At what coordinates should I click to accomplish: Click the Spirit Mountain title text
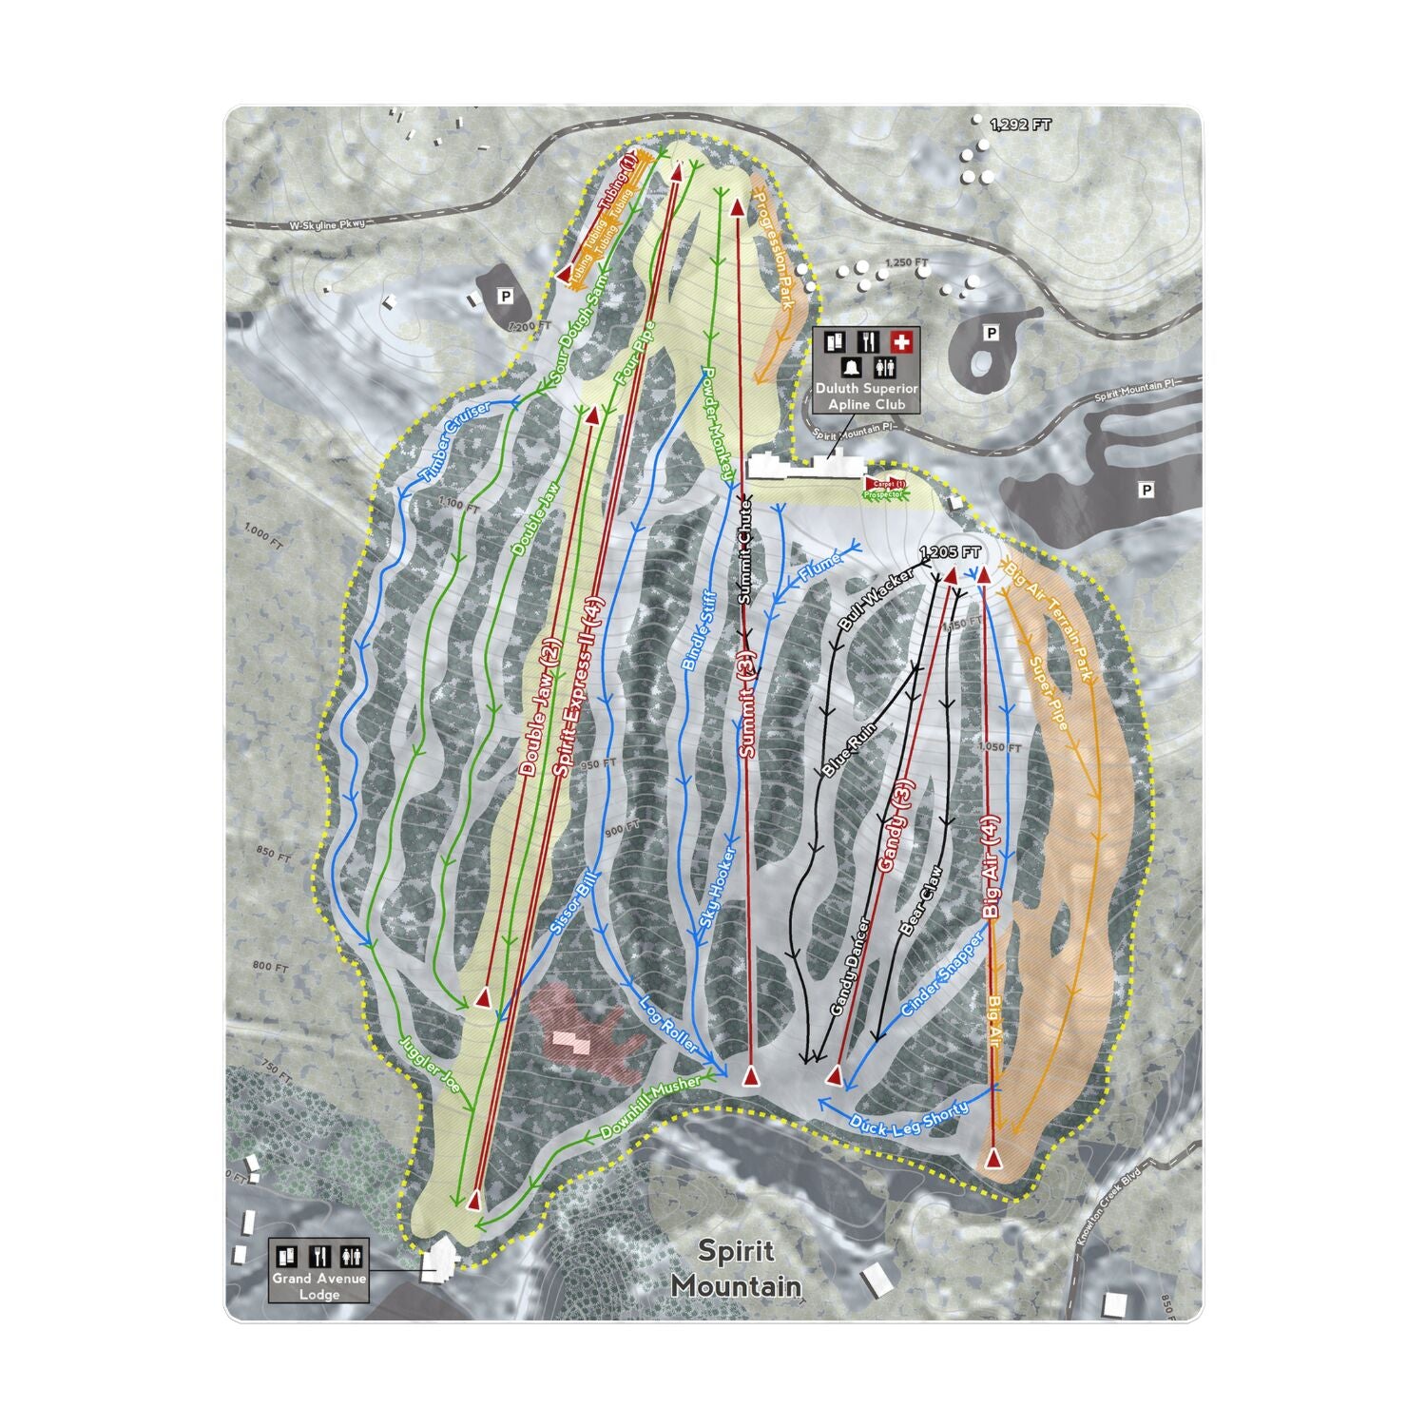pyautogui.click(x=735, y=1268)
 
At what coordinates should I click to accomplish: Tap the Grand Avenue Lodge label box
pyautogui.click(x=318, y=1270)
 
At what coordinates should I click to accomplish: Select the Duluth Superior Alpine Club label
pyautogui.click(x=865, y=396)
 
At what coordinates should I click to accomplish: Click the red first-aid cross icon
pyautogui.click(x=899, y=341)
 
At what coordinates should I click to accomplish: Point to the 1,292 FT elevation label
pyautogui.click(x=1021, y=125)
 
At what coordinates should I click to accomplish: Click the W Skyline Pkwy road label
pyautogui.click(x=328, y=224)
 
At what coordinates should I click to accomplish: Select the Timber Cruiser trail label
pyautogui.click(x=454, y=440)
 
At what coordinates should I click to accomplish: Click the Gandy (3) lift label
pyautogui.click(x=896, y=823)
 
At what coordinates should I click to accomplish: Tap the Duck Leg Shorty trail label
pyautogui.click(x=909, y=1118)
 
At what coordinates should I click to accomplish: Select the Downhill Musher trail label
pyautogui.click(x=651, y=1108)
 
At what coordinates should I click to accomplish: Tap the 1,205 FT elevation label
pyautogui.click(x=950, y=552)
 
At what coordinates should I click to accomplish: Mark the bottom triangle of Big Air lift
pyautogui.click(x=993, y=1159)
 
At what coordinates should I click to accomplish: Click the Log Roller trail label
pyautogui.click(x=668, y=1024)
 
